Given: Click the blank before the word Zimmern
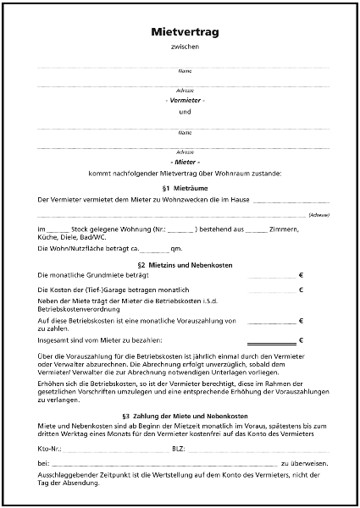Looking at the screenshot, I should coord(255,229).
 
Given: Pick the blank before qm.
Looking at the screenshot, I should coord(155,250).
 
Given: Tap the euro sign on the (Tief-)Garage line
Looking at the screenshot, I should coord(302,290).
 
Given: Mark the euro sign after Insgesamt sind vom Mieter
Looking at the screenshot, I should coord(302,340).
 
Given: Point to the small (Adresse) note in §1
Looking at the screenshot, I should coord(319,215).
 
